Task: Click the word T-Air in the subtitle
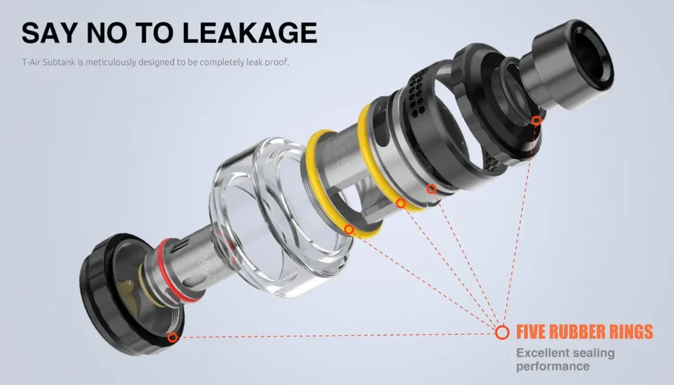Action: (31, 63)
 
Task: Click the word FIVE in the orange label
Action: (533, 331)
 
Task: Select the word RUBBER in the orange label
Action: (577, 331)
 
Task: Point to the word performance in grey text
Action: (552, 366)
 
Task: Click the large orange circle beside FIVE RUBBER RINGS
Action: (502, 332)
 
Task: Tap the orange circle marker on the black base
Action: (172, 338)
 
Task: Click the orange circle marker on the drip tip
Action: (536, 120)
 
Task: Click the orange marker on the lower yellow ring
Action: (349, 230)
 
